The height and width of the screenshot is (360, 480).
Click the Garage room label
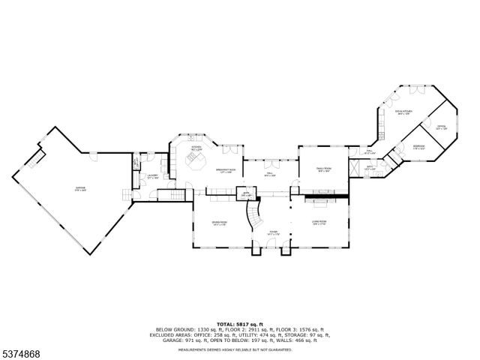[79, 187]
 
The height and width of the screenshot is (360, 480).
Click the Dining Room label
[219, 223]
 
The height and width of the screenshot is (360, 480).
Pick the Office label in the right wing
[441, 127]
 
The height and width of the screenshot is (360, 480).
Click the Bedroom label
[418, 146]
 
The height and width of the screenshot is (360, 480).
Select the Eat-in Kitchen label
[404, 113]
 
